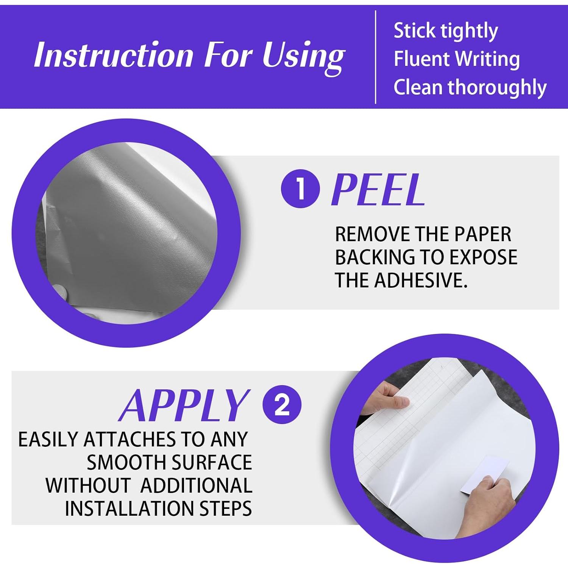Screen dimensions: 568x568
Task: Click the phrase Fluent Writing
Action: [x=457, y=59]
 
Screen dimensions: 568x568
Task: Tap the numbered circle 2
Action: [x=282, y=404]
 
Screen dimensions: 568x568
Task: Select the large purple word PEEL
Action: [x=378, y=189]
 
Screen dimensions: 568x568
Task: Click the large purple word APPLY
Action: [x=184, y=405]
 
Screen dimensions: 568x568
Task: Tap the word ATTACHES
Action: [x=130, y=440]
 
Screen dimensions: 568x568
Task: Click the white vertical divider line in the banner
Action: [x=375, y=57]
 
